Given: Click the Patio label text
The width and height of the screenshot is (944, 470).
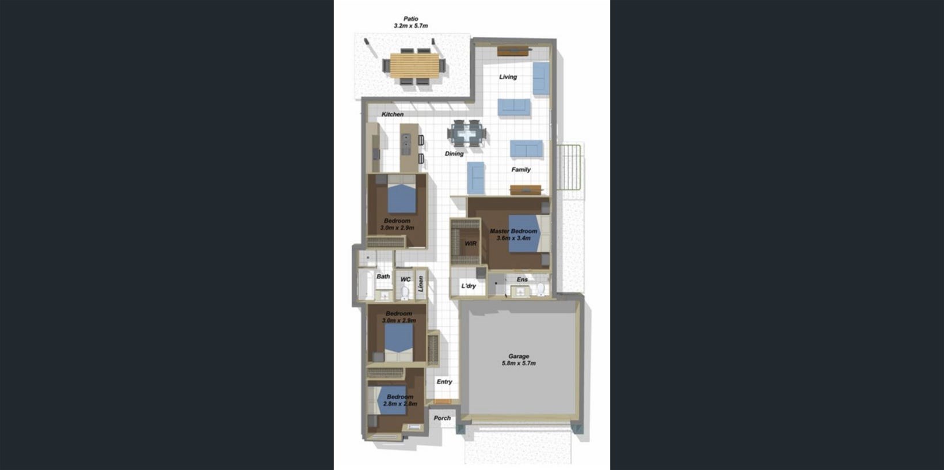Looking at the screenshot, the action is tap(411, 18).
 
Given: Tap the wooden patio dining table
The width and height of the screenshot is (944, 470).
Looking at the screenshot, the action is tap(414, 65).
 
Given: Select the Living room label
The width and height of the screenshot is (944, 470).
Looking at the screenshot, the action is tap(508, 77).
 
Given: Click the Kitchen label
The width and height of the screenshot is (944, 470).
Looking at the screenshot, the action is tap(393, 114).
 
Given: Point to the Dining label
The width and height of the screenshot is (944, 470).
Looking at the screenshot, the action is tap(454, 153).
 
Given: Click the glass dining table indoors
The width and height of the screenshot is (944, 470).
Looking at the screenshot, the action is tap(466, 134).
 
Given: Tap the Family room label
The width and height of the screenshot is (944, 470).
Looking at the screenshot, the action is tap(521, 169).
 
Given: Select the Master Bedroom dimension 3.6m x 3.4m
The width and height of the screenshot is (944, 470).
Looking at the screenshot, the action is tap(513, 238).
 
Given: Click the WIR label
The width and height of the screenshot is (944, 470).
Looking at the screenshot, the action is tap(471, 244).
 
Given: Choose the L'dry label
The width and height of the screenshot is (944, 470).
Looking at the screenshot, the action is tap(468, 286).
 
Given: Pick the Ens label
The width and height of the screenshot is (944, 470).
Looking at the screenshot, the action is tap(522, 279).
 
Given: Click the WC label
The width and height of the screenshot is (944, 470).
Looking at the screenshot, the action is tap(405, 279).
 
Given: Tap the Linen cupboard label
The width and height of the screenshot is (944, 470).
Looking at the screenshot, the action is tap(420, 284).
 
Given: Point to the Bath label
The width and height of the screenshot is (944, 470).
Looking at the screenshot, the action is tap(383, 276).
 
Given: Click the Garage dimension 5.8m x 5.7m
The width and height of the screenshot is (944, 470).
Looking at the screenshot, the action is tap(519, 363).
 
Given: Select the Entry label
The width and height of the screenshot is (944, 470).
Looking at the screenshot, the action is tap(444, 381).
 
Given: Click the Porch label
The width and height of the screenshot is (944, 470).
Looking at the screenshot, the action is tap(442, 418).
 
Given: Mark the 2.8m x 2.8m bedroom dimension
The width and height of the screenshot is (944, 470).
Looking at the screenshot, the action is tap(400, 404).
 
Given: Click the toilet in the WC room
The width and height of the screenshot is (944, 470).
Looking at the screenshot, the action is tap(405, 291).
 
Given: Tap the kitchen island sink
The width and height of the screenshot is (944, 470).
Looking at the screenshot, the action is tap(406, 144).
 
